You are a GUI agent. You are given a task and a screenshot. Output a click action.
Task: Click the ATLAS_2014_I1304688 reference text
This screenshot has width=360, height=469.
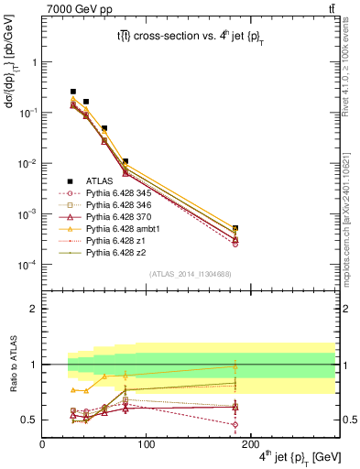188,274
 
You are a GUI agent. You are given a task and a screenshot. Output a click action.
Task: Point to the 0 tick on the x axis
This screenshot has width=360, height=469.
42,442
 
